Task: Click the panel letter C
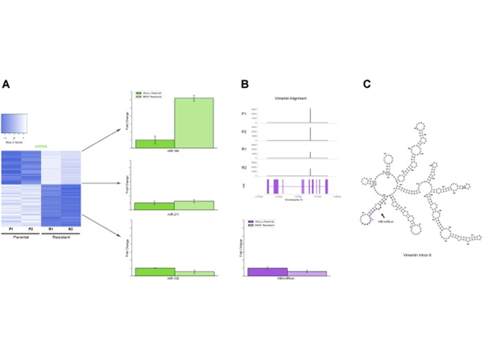(x=367, y=83)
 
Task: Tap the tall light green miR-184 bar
(x=194, y=122)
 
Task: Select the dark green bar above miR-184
(x=155, y=143)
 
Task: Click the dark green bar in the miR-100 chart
(x=155, y=271)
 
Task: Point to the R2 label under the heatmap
(x=69, y=230)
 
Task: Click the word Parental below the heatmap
(x=22, y=239)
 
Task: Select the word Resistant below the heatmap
(x=60, y=239)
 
